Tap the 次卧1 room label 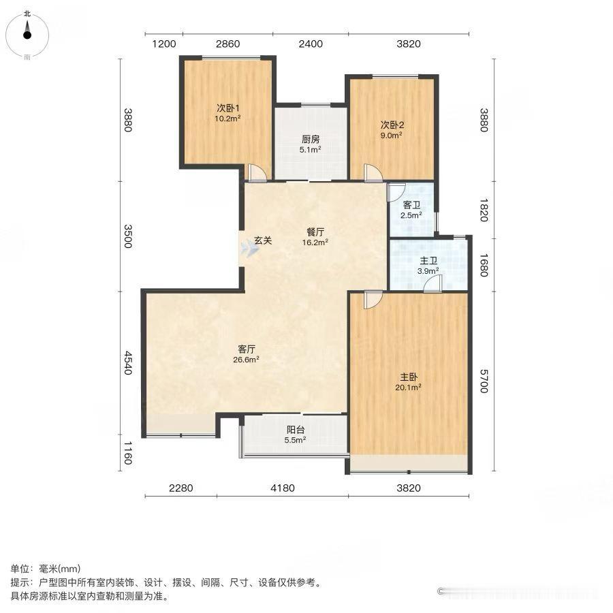pyautogui.click(x=227, y=108)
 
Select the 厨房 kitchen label pyautogui.click(x=311, y=140)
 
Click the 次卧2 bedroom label pyautogui.click(x=392, y=125)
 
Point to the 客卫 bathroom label pyautogui.click(x=411, y=205)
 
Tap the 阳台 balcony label pyautogui.click(x=295, y=430)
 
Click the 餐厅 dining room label pyautogui.click(x=315, y=231)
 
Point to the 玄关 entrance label pyautogui.click(x=263, y=240)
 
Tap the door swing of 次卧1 pyautogui.click(x=256, y=173)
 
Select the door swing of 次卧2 pyautogui.click(x=373, y=173)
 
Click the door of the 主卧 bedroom pyautogui.click(x=373, y=300)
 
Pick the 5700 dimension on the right pyautogui.click(x=484, y=381)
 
